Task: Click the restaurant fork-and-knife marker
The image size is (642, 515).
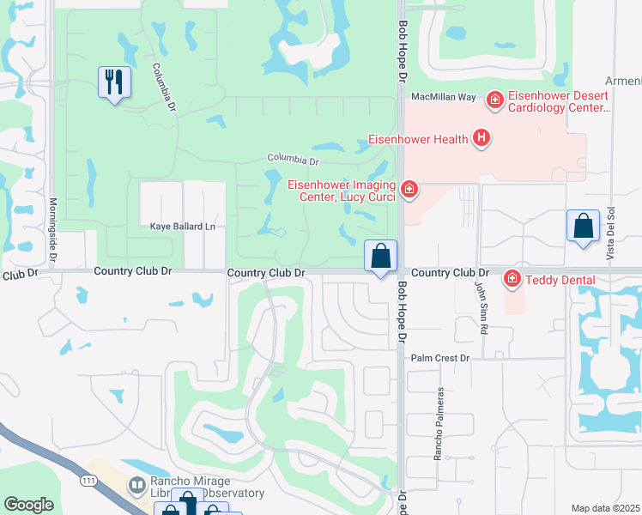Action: point(114,82)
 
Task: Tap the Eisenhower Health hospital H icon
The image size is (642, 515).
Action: point(481,137)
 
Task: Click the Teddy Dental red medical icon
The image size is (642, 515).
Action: point(512,278)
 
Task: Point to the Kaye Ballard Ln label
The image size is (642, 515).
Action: point(182,227)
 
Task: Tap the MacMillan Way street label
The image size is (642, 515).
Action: point(444,98)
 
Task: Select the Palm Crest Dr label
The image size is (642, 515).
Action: point(441,358)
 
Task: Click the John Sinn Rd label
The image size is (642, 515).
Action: point(482,311)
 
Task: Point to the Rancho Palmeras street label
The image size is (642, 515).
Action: point(438,423)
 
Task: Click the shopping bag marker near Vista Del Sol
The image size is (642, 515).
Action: point(583,227)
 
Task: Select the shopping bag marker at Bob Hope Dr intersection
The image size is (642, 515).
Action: point(381,256)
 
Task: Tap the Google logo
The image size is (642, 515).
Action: point(28,505)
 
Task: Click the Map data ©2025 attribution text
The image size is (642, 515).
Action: point(605,508)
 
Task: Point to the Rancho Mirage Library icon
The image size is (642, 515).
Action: point(136,486)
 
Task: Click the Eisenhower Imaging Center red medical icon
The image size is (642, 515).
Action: point(409,189)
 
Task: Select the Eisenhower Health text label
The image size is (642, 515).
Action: point(418,139)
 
